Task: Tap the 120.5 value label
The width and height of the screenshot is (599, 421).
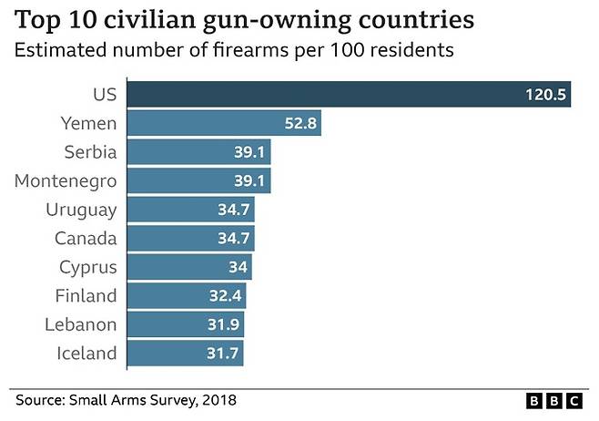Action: tap(544, 95)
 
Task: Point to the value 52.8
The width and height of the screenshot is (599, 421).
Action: tap(299, 123)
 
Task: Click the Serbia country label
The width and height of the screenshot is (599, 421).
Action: tap(90, 151)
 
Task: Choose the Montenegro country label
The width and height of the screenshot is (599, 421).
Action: tap(66, 180)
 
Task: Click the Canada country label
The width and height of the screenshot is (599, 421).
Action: tap(86, 239)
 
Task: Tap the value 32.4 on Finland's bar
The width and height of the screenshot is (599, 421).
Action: tap(225, 296)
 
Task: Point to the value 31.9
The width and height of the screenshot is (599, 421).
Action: tap(223, 325)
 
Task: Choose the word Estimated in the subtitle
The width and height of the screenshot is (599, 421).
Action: tap(57, 50)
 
